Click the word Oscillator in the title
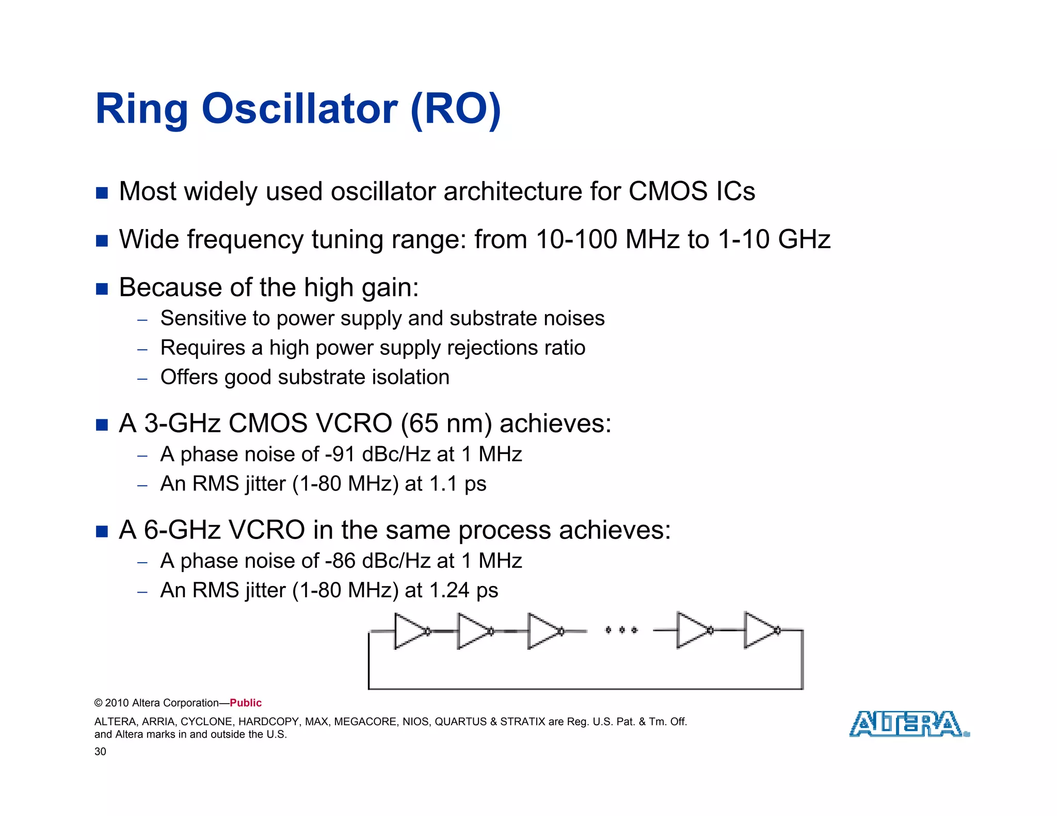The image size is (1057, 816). click(x=299, y=109)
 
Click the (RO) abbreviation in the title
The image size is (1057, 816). click(x=455, y=109)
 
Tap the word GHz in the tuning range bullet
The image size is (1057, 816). click(x=804, y=240)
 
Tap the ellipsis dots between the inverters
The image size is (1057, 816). click(x=621, y=630)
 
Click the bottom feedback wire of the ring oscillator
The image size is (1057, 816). click(x=585, y=689)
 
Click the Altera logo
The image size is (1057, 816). click(x=908, y=724)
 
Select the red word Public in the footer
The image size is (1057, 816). click(x=246, y=703)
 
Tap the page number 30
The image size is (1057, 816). click(x=100, y=752)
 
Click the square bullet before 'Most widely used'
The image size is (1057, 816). click(x=102, y=193)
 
